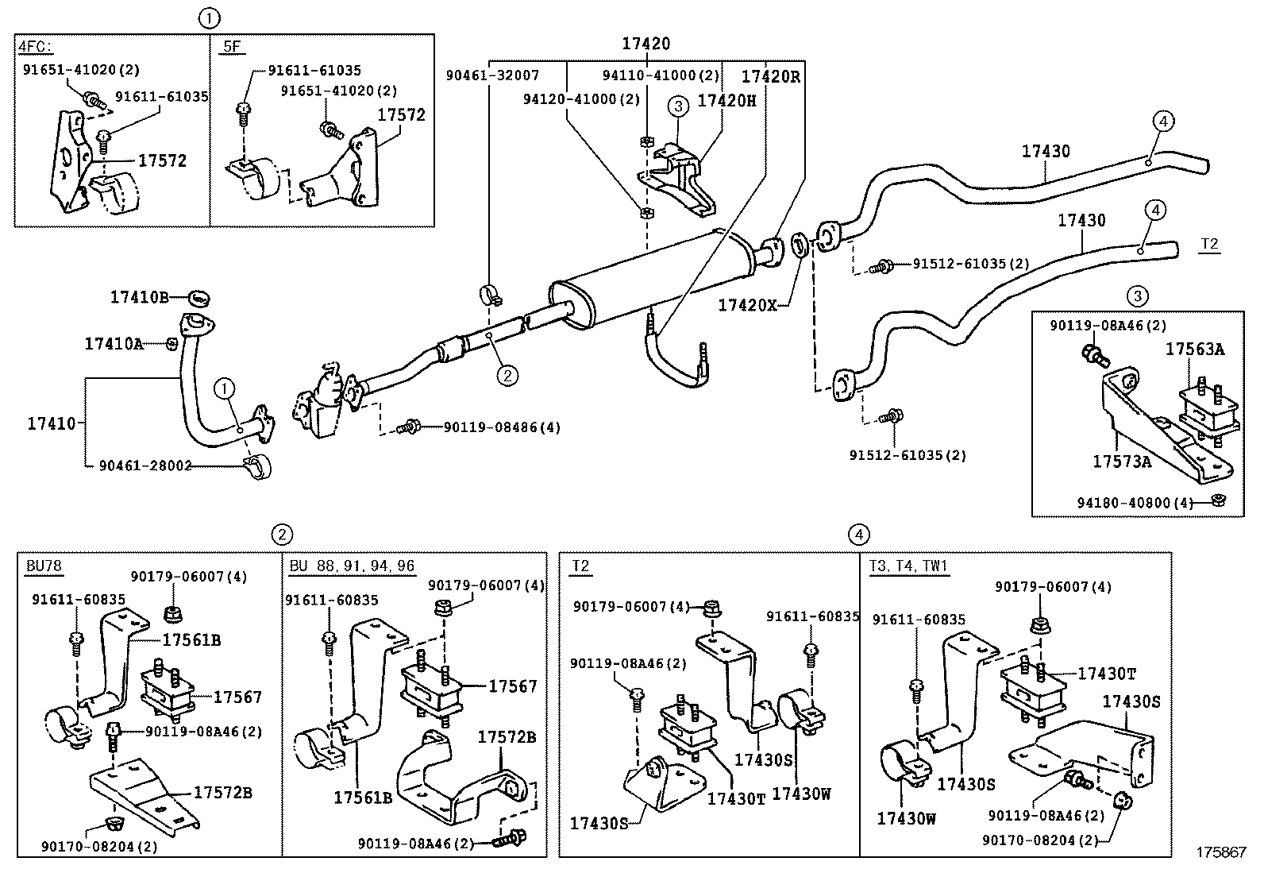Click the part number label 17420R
tap(771, 76)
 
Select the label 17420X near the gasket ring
tap(747, 304)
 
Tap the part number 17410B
tap(139, 297)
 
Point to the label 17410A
tap(114, 344)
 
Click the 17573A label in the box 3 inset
tap(1121, 461)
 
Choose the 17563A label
tap(1194, 349)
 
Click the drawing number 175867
tap(1221, 851)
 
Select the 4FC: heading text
tap(35, 47)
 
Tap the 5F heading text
tap(231, 47)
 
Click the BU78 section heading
tap(44, 566)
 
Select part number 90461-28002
tap(145, 465)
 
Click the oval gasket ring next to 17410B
tap(199, 298)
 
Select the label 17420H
tap(726, 101)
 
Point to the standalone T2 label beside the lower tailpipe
tap(1208, 244)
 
